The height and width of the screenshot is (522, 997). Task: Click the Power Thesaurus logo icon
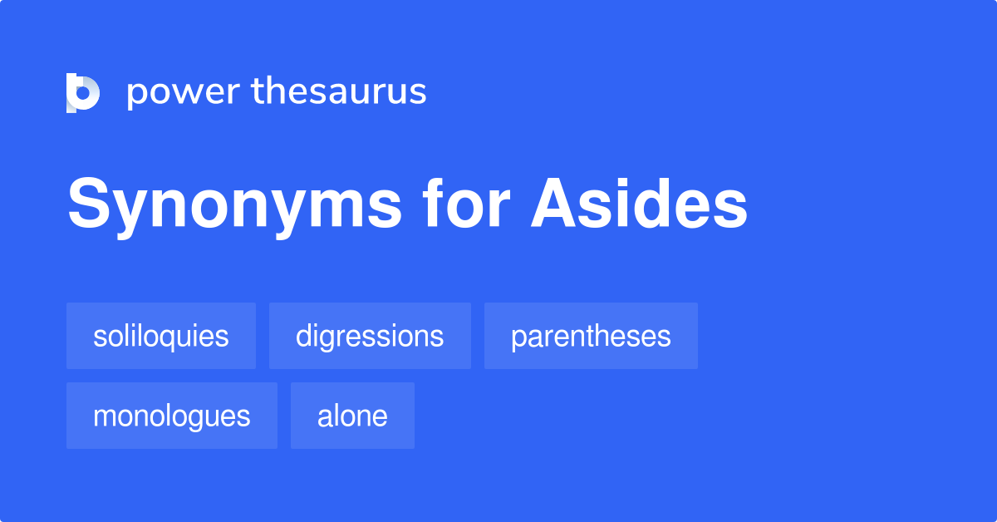coord(83,92)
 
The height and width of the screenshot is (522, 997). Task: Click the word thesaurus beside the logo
coord(339,91)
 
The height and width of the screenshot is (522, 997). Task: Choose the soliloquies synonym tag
coord(161,336)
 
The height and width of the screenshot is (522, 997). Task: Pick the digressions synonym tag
coord(370,336)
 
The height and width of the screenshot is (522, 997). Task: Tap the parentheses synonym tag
coord(591,336)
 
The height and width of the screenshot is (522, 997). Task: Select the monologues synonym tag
coord(172,416)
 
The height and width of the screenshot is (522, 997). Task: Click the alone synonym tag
coord(352,416)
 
